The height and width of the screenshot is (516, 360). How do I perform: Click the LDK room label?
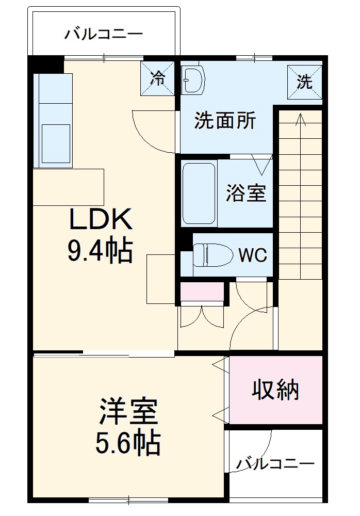[x=102, y=220]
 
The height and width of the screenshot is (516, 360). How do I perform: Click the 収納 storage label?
[x=275, y=391]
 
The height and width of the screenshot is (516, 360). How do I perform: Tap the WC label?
[x=252, y=255]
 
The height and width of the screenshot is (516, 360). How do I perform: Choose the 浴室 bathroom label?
[x=246, y=193]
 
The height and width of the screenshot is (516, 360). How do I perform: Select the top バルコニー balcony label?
[x=104, y=35]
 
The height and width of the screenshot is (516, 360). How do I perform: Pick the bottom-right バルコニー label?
[x=275, y=464]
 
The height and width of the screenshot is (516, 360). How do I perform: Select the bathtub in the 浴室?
[x=199, y=192]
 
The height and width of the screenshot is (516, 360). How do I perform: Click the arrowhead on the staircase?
[x=300, y=120]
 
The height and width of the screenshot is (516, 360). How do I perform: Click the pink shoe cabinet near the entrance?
[x=202, y=293]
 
